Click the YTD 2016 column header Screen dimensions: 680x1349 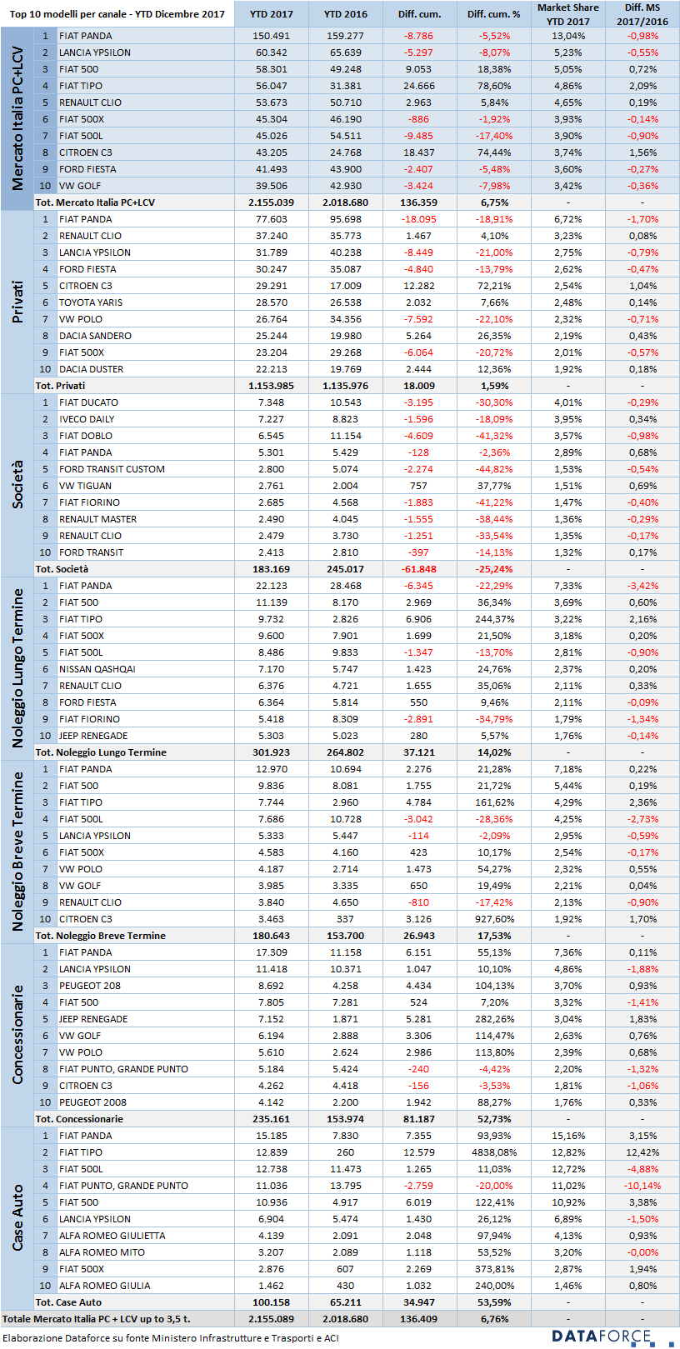pyautogui.click(x=345, y=14)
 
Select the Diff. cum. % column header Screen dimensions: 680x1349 pyautogui.click(x=494, y=14)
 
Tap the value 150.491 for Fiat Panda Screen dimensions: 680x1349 pyautogui.click(x=271, y=36)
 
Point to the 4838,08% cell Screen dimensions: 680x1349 pyautogui.click(x=494, y=1152)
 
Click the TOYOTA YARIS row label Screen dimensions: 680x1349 pyautogui.click(x=90, y=302)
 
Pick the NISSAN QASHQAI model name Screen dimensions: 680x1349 pyautogui.click(x=97, y=669)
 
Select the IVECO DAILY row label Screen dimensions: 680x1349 pyautogui.click(x=87, y=419)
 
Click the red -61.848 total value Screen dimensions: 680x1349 pyautogui.click(x=418, y=569)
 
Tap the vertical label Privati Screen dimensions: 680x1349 pyautogui.click(x=17, y=302)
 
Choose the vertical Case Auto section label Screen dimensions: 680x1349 pyautogui.click(x=17, y=1217)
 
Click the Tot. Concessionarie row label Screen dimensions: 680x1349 pyautogui.click(x=79, y=1119)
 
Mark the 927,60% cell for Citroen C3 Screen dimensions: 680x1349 pyautogui.click(x=494, y=919)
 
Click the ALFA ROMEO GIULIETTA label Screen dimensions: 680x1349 pyautogui.click(x=112, y=1235)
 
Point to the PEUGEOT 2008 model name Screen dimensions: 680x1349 pyautogui.click(x=92, y=1102)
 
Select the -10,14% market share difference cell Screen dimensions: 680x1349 pyautogui.click(x=642, y=1185)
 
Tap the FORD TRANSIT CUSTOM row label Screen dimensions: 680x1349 pyautogui.click(x=112, y=469)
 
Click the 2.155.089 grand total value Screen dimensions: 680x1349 pyautogui.click(x=271, y=1319)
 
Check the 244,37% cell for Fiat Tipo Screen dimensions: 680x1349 pyautogui.click(x=494, y=619)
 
